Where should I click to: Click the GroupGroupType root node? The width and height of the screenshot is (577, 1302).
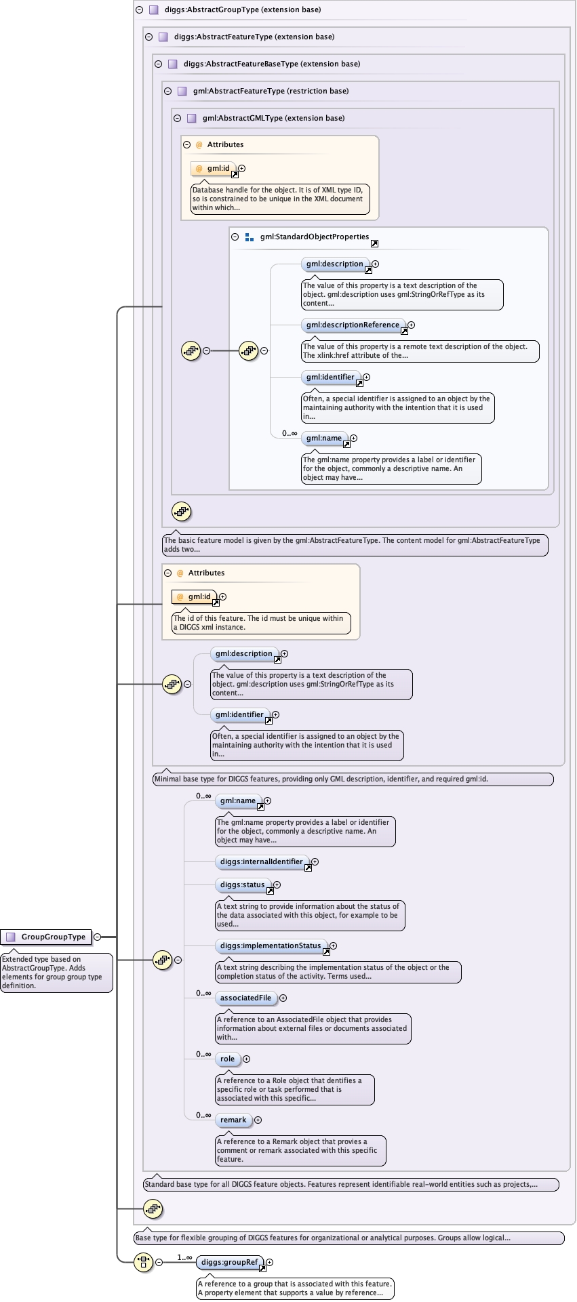pos(46,937)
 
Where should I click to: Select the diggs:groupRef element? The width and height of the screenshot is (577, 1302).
pos(230,1262)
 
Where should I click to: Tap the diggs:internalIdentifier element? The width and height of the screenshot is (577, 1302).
pos(262,862)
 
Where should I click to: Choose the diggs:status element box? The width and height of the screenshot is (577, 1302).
pos(242,885)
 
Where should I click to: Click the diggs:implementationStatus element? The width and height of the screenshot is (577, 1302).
pos(271,946)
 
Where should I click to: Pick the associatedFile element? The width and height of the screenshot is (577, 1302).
pos(245,998)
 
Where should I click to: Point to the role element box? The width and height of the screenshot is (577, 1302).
pos(227,1059)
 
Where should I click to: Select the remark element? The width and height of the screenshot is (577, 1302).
pos(233,1120)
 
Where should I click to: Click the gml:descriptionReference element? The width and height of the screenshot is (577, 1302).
pos(353,325)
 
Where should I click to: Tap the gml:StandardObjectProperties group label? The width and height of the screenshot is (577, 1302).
pos(315,237)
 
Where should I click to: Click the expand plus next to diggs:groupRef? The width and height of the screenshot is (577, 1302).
pos(270,1262)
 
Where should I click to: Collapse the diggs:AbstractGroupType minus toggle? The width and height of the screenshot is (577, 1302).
pos(140,10)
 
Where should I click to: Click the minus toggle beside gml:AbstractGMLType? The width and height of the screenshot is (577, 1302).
pos(178,118)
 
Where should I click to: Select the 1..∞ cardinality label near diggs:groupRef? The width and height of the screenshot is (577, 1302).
pos(184,1257)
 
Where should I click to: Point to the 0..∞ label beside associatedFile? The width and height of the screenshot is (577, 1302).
pos(203,993)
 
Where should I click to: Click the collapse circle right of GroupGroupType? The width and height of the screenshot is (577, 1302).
pos(97,937)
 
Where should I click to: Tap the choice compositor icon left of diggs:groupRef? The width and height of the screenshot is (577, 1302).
pos(143,1262)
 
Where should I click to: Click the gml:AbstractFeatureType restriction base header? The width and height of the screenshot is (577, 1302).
pos(271,91)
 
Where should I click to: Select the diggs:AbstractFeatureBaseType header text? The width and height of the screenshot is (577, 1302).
pos(271,64)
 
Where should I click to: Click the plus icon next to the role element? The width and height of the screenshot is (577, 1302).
pos(247,1059)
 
